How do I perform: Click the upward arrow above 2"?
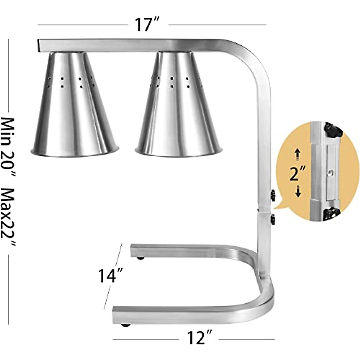tap(297, 154)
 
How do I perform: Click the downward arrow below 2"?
tap(298, 191)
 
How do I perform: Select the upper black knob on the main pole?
tap(273, 195)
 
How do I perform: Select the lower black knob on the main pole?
tap(273, 219)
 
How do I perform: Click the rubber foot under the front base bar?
tap(126, 325)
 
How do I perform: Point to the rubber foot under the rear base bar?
tap(140, 258)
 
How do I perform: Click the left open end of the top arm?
tap(39, 45)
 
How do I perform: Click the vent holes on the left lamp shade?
tap(70, 82)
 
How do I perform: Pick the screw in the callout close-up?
tap(330, 173)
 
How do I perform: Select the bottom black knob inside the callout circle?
tap(331, 214)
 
